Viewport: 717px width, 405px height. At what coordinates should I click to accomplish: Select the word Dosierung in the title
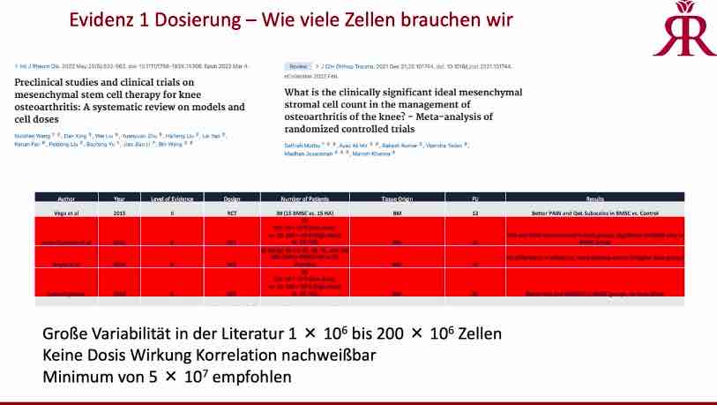217,19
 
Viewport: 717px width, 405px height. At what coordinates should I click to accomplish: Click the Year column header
118,199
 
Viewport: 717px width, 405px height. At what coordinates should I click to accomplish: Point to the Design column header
233,199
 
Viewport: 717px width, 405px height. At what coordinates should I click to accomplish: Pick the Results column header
592,199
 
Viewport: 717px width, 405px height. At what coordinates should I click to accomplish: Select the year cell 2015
118,213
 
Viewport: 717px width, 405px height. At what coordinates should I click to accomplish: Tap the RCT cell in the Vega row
233,213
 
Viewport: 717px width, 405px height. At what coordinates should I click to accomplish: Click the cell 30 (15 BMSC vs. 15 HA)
303,213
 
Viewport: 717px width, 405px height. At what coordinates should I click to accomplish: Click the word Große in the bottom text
66,335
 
